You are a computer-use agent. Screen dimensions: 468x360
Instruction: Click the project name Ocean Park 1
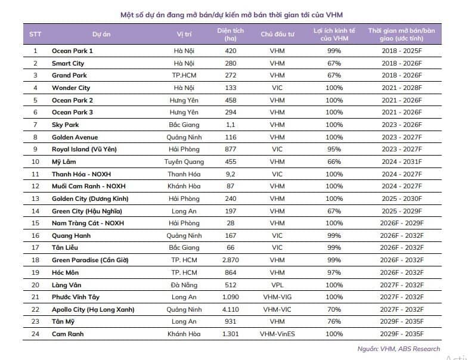pos(72,51)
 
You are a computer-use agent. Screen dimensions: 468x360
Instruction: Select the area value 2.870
pos(230,260)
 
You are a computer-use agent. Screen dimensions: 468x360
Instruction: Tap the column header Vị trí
pos(184,34)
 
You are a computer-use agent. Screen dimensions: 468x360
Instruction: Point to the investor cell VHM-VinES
pos(277,334)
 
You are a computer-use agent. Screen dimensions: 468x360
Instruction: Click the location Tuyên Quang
pos(184,162)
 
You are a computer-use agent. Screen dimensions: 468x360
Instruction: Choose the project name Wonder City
pos(71,88)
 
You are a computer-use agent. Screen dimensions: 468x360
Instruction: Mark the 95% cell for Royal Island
pos(334,149)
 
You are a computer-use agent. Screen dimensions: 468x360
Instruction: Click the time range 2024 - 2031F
pos(402,162)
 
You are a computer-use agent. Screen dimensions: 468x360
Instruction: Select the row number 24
pos(35,334)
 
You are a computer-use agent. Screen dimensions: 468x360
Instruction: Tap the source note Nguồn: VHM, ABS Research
pos(398,349)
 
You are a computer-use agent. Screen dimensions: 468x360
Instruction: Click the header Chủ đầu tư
pos(277,34)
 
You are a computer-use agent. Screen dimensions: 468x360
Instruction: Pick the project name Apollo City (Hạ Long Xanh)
pos(93,309)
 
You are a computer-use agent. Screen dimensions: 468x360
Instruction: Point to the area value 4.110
pos(230,309)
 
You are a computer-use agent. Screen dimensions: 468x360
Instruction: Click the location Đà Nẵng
pos(184,285)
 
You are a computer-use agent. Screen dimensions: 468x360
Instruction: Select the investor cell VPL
pos(277,285)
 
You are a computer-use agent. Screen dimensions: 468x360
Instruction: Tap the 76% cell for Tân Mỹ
pos(334,321)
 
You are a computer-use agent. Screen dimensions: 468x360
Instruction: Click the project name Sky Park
pos(66,125)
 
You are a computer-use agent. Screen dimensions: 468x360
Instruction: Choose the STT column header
pos(35,34)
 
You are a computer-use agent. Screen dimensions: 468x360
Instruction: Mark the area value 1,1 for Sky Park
pos(230,125)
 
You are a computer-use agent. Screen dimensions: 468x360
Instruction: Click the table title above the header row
pos(231,15)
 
